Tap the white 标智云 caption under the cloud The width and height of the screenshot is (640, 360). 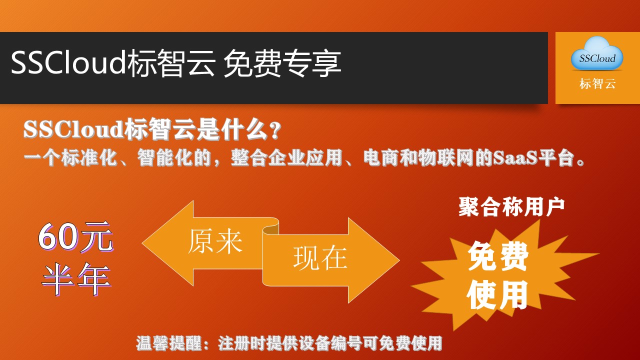597,83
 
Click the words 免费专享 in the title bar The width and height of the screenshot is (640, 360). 282,63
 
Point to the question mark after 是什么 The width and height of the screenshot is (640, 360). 275,131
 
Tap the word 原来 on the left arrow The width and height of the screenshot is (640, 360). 215,241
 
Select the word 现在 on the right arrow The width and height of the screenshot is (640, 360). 320,258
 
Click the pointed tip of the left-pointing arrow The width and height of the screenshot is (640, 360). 142,243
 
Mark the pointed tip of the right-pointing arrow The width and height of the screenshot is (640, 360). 399,260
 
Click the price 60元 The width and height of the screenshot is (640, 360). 75,237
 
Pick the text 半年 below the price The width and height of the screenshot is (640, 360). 76,279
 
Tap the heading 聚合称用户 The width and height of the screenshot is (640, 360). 511,207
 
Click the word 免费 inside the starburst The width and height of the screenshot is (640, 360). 497,256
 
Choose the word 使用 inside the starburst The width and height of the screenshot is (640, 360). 497,294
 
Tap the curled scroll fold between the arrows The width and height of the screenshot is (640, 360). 270,227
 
